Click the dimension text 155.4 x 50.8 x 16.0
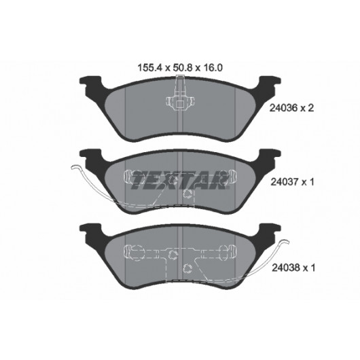click(x=180, y=68)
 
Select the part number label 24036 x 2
click(x=291, y=108)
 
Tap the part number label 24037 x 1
click(x=292, y=182)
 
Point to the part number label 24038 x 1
click(x=293, y=268)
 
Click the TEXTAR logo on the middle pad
click(x=180, y=180)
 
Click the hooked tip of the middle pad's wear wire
click(x=74, y=167)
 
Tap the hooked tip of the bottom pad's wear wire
click(x=286, y=242)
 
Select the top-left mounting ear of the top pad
click(x=90, y=83)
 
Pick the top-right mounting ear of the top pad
click(x=270, y=83)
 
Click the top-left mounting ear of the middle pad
click(x=90, y=156)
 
